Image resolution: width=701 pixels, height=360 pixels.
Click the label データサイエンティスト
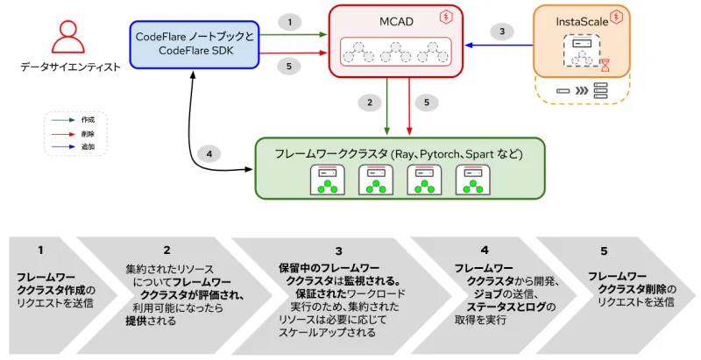tap(70, 67)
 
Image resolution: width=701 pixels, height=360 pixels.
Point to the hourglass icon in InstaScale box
tap(604, 63)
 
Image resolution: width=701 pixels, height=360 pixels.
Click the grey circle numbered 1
tap(290, 20)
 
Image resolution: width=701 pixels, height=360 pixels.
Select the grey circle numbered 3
tap(501, 32)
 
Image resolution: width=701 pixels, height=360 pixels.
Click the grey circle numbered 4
tap(209, 154)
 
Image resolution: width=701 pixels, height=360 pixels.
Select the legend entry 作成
tap(87, 119)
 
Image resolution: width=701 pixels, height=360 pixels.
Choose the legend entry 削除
tap(87, 134)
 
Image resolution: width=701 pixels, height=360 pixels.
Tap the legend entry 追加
tap(87, 147)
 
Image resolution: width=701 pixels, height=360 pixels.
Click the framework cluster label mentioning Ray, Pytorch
tap(399, 154)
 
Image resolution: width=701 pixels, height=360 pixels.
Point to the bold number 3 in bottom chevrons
tap(338, 251)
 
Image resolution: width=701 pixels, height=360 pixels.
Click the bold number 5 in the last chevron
tap(604, 251)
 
